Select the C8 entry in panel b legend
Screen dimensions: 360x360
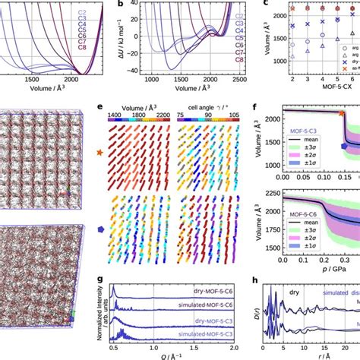tap(239, 58)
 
